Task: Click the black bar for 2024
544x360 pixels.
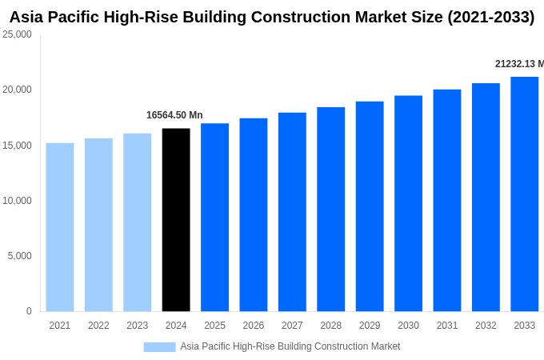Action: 176,220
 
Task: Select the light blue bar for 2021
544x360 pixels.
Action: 60,227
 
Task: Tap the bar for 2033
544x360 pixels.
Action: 524,194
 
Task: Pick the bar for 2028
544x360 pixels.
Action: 330,210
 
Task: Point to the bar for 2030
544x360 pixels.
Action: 408,204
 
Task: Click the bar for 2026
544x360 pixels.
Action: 254,215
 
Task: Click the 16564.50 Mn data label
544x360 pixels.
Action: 174,115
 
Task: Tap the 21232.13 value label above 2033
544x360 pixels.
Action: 518,64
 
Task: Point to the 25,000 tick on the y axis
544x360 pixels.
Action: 17,34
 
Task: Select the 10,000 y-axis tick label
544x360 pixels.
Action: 17,201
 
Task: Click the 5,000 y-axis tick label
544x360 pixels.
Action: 19,256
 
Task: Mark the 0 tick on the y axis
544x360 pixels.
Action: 29,311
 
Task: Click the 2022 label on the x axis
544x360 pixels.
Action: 98,326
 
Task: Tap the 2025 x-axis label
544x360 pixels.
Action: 214,326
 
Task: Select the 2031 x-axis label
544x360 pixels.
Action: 446,326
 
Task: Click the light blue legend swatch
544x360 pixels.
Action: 159,347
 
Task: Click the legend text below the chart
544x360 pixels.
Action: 290,346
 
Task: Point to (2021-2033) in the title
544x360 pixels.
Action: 490,17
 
